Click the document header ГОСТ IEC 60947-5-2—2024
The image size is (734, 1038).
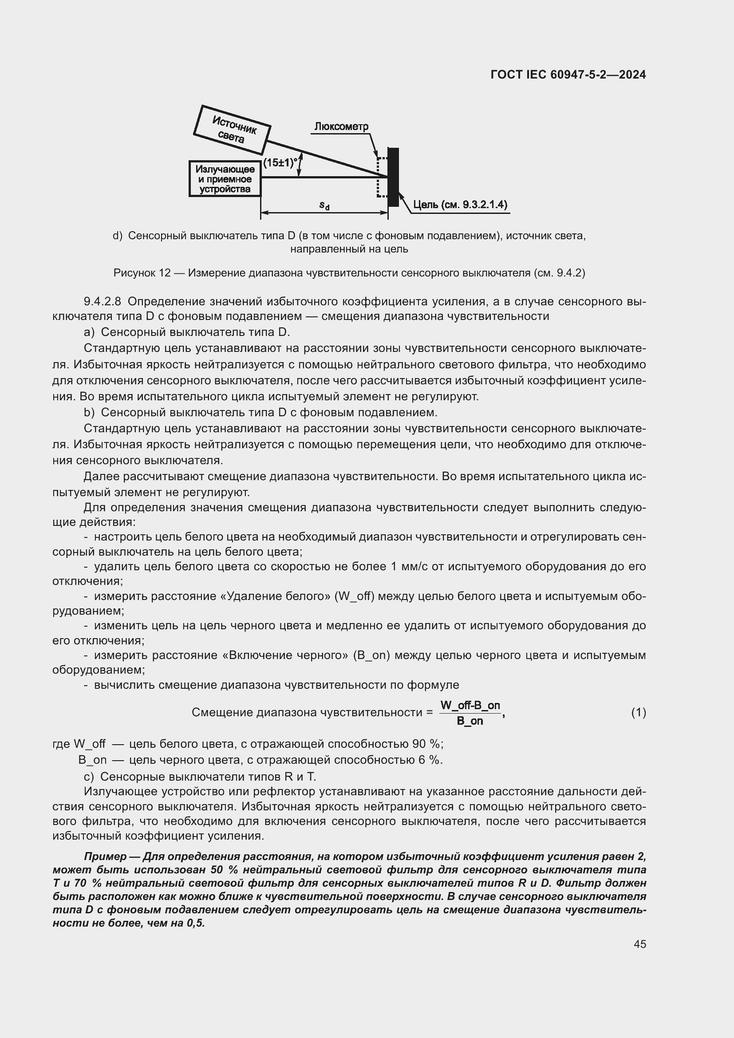coord(568,75)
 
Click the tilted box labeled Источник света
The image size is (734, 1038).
coord(232,130)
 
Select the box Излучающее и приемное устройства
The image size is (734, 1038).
coord(225,179)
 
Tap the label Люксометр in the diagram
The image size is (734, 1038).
coord(341,126)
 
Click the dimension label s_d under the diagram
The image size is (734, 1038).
coord(324,205)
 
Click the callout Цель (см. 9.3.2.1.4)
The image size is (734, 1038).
coord(460,205)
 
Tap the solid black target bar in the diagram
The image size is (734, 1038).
coord(393,177)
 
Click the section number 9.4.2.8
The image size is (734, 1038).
coord(102,301)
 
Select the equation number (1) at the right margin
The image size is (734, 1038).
coord(638,713)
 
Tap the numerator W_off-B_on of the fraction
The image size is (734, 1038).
coord(470,705)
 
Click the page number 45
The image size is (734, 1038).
coord(639,944)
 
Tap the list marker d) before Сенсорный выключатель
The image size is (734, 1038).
coord(117,236)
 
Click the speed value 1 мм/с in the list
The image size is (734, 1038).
coord(408,566)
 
